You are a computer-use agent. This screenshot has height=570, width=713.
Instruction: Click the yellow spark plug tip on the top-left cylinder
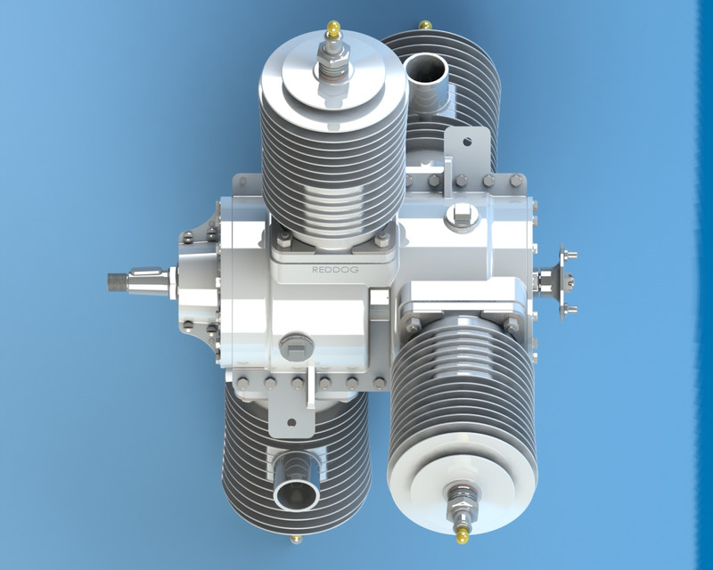pos(334,28)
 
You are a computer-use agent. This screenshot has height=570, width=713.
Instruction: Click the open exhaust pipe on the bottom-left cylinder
pos(294,491)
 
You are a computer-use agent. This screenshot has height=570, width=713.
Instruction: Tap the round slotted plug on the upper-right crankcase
pos(462,214)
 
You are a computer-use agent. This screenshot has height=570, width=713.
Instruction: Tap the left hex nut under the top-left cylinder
pos(283,240)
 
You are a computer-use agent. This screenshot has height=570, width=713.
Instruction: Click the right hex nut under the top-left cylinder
pos(381,240)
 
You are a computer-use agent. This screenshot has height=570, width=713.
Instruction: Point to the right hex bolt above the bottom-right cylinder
pos(512,324)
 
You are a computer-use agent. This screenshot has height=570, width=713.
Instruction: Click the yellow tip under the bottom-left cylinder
pos(295,539)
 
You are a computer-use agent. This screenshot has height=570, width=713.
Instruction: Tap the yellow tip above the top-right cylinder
pos(426,23)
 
